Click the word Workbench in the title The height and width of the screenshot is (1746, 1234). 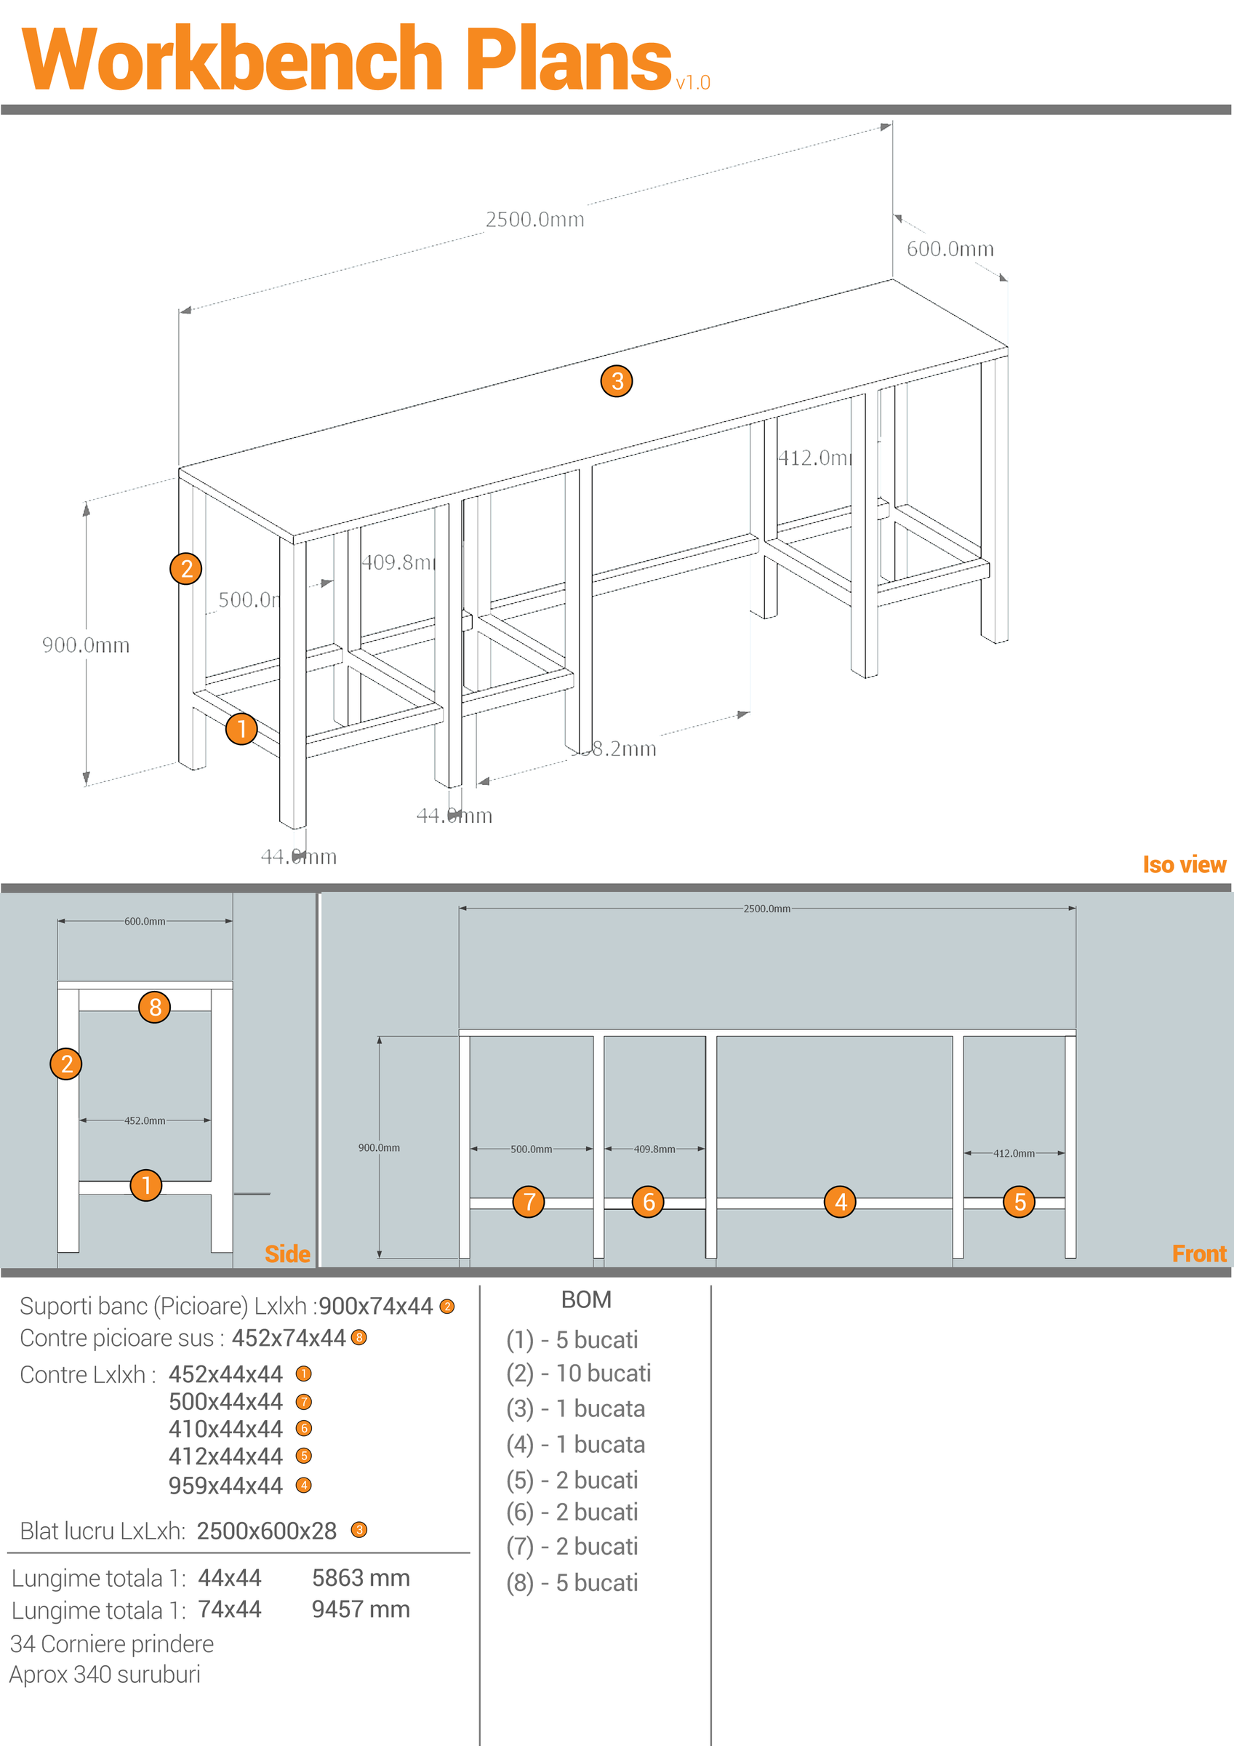pyautogui.click(x=232, y=60)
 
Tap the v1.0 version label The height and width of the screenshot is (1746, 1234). pyautogui.click(x=693, y=82)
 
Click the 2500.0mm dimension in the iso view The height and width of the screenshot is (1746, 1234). pyautogui.click(x=534, y=220)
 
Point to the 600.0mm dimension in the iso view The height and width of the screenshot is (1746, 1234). pyautogui.click(x=950, y=249)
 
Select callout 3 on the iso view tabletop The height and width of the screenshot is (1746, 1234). pyautogui.click(x=617, y=381)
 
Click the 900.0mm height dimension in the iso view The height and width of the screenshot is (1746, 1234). pyautogui.click(x=86, y=645)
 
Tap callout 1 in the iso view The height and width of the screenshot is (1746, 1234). pyautogui.click(x=241, y=728)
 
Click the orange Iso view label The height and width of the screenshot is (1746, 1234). pyautogui.click(x=1184, y=865)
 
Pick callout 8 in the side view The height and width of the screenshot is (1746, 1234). pyautogui.click(x=154, y=1007)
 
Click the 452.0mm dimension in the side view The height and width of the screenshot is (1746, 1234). pyautogui.click(x=145, y=1120)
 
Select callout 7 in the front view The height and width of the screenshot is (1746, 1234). pyautogui.click(x=529, y=1202)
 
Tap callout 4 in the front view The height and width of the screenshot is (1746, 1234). pyautogui.click(x=840, y=1202)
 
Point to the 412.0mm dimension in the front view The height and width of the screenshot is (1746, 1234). pyautogui.click(x=1014, y=1153)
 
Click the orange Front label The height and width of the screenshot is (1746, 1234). pyautogui.click(x=1198, y=1254)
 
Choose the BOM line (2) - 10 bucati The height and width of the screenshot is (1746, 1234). pyautogui.click(x=579, y=1374)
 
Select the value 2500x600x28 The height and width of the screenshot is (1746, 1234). pyautogui.click(x=267, y=1531)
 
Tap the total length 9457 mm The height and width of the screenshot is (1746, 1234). pyautogui.click(x=361, y=1610)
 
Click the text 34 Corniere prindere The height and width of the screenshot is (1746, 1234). pyautogui.click(x=112, y=1644)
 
